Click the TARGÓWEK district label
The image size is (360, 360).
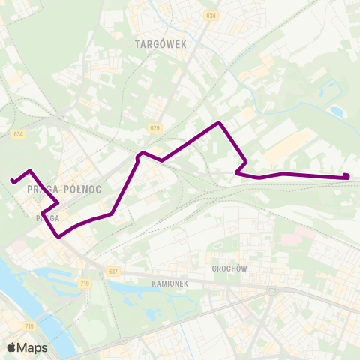(x=160, y=44)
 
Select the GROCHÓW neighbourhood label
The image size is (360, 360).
(x=229, y=268)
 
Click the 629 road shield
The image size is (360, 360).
(x=154, y=129)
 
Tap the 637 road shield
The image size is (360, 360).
(x=113, y=271)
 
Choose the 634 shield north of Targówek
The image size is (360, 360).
(x=212, y=15)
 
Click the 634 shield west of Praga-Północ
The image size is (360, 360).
(x=19, y=134)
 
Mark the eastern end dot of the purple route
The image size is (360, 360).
(x=346, y=177)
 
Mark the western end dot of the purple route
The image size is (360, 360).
(x=13, y=180)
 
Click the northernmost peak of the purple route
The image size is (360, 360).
(x=218, y=123)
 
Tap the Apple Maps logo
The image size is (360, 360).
(x=27, y=347)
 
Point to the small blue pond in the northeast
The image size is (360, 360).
(x=336, y=112)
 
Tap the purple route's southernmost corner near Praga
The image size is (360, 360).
(x=58, y=236)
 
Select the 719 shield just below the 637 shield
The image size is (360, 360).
(x=84, y=283)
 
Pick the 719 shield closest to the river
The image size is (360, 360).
(x=29, y=325)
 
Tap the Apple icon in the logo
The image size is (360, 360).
(x=11, y=347)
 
